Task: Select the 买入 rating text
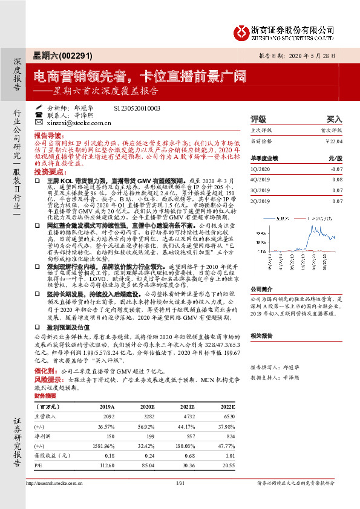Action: coord(335,119)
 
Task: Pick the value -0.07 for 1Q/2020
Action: coord(336,169)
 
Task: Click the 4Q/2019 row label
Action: coord(261,180)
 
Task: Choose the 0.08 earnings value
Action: coord(338,180)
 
